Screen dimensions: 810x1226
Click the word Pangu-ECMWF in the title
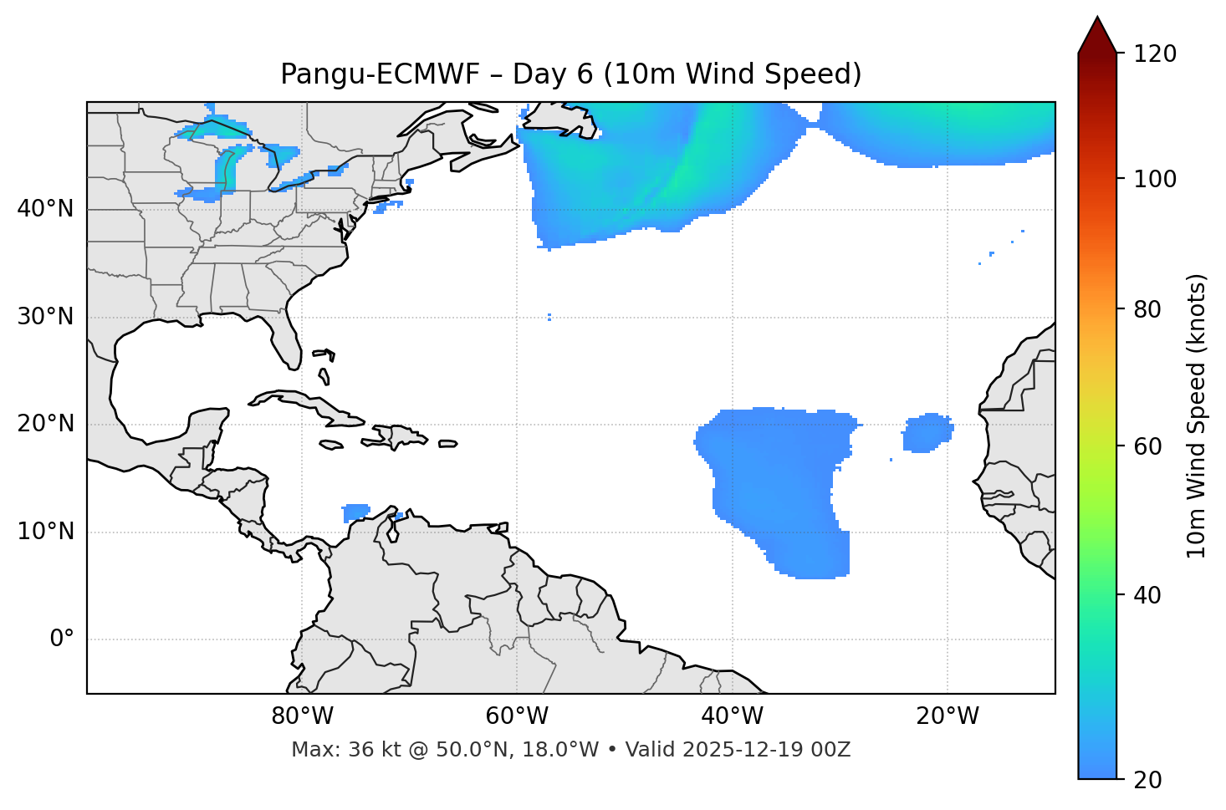(380, 74)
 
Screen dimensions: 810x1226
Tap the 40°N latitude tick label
(45, 208)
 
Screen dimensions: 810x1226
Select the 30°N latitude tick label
(45, 317)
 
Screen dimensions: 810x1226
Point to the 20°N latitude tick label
(45, 424)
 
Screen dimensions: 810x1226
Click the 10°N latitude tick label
(45, 532)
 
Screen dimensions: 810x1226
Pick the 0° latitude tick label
(61, 639)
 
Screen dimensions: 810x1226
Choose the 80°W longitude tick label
(302, 716)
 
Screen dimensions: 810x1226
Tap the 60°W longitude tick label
(517, 716)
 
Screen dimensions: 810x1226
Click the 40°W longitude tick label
(732, 716)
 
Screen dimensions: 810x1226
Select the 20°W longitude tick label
(947, 716)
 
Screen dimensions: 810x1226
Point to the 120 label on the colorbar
(1154, 53)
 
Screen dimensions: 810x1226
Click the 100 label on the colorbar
(1154, 179)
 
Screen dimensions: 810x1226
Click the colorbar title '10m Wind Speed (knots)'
(1197, 415)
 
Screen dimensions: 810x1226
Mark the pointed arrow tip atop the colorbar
(1097, 19)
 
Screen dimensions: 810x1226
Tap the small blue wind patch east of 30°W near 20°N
(927, 432)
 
